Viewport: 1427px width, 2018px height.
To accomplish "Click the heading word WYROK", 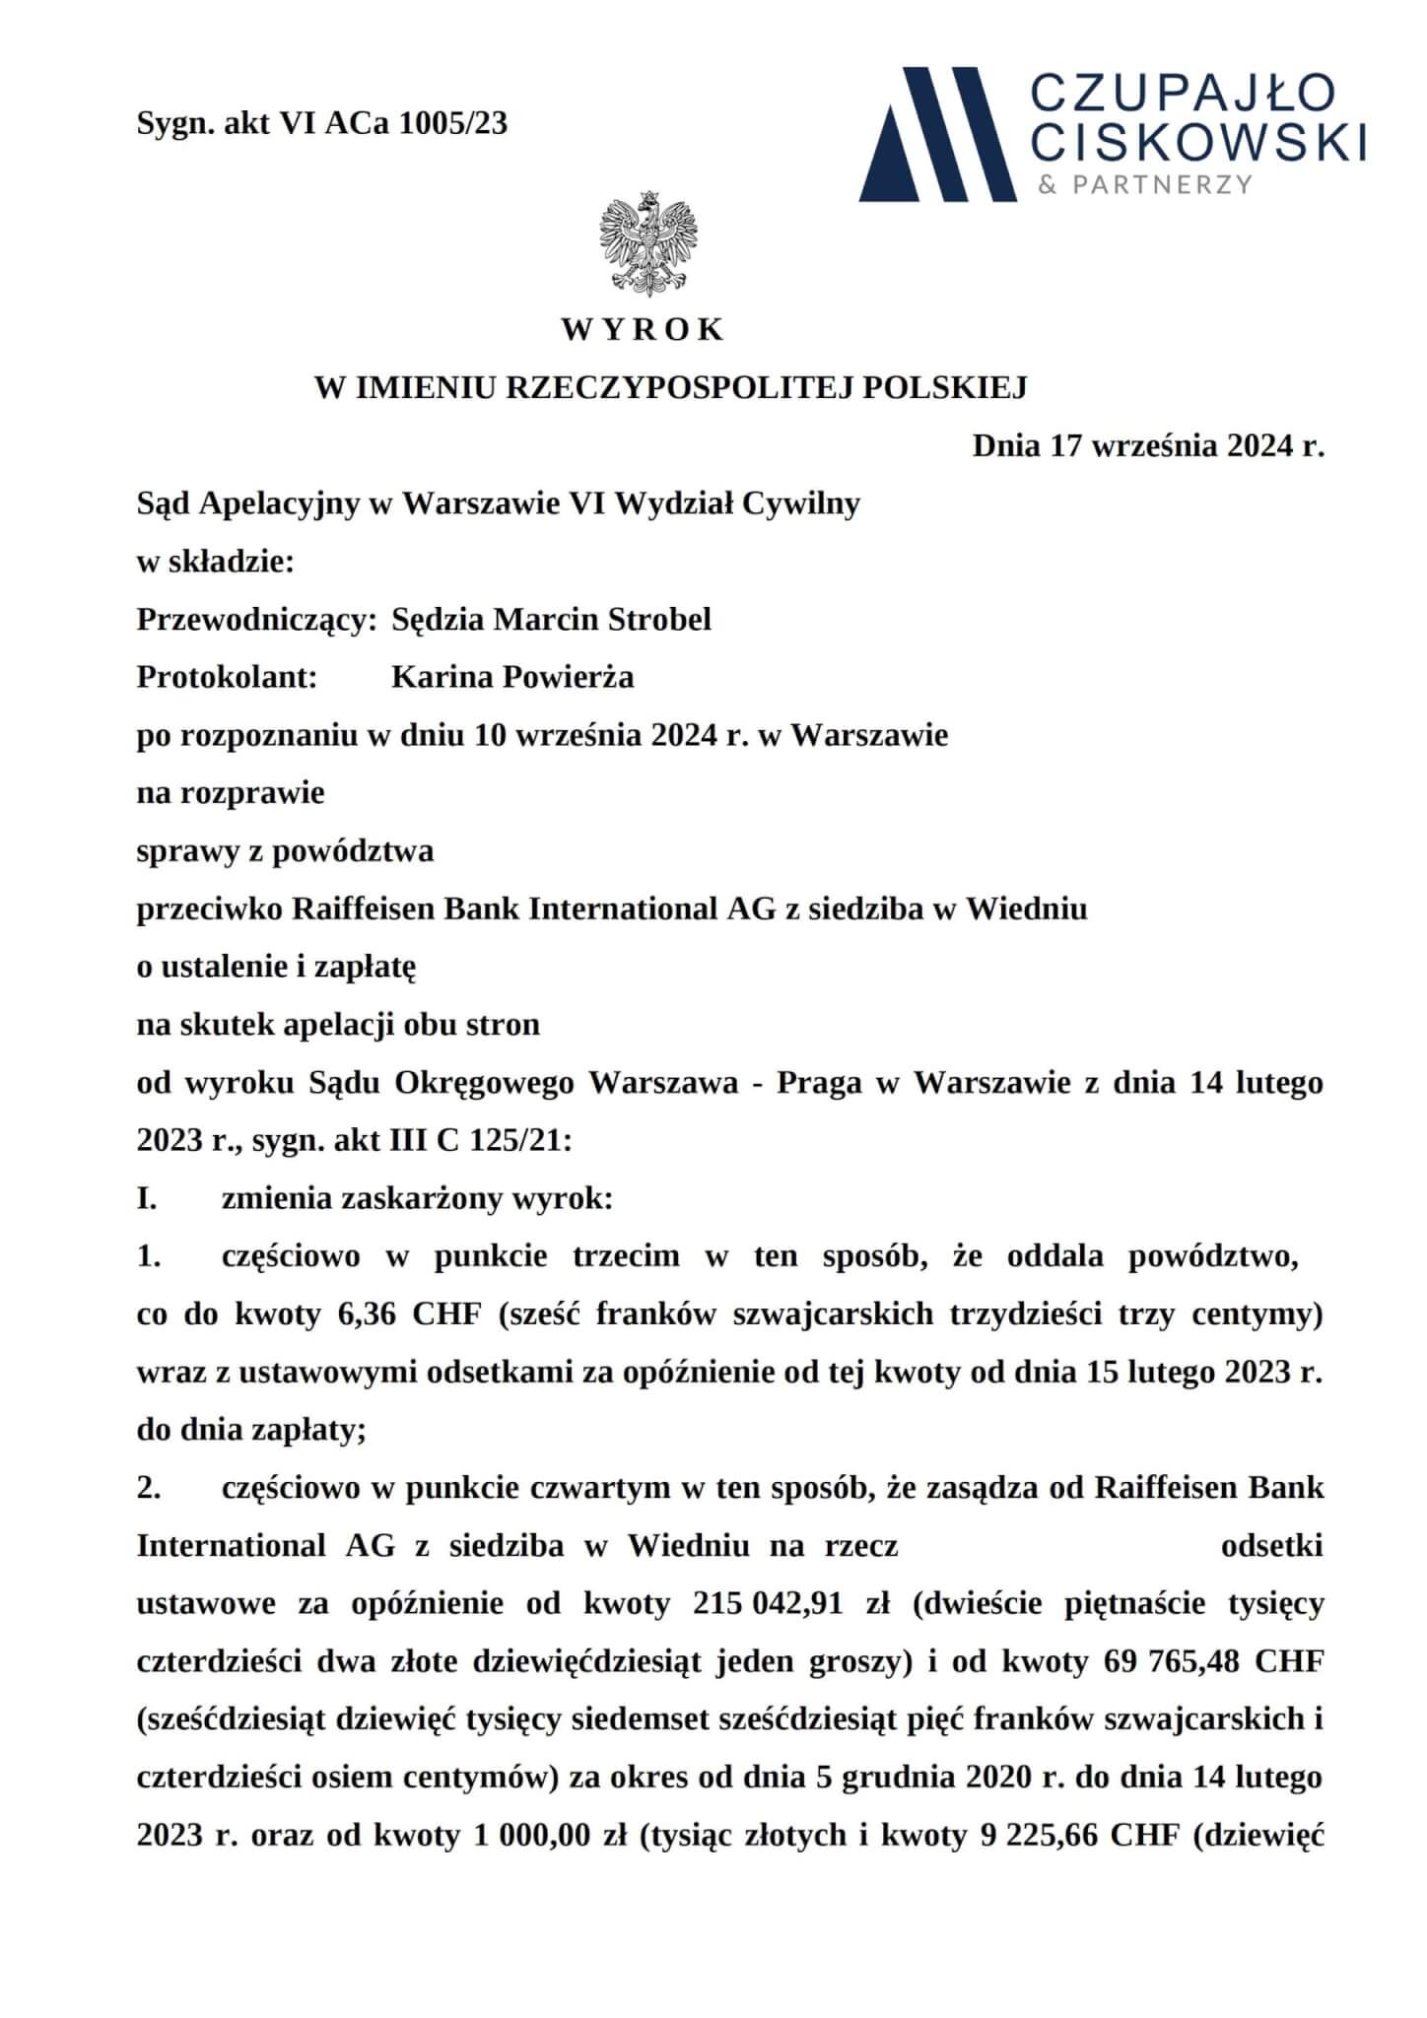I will [644, 329].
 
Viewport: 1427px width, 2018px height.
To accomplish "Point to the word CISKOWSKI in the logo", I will [1202, 142].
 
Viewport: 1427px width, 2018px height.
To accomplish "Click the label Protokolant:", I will [227, 678].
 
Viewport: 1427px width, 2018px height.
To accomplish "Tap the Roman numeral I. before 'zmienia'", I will [148, 1200].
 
